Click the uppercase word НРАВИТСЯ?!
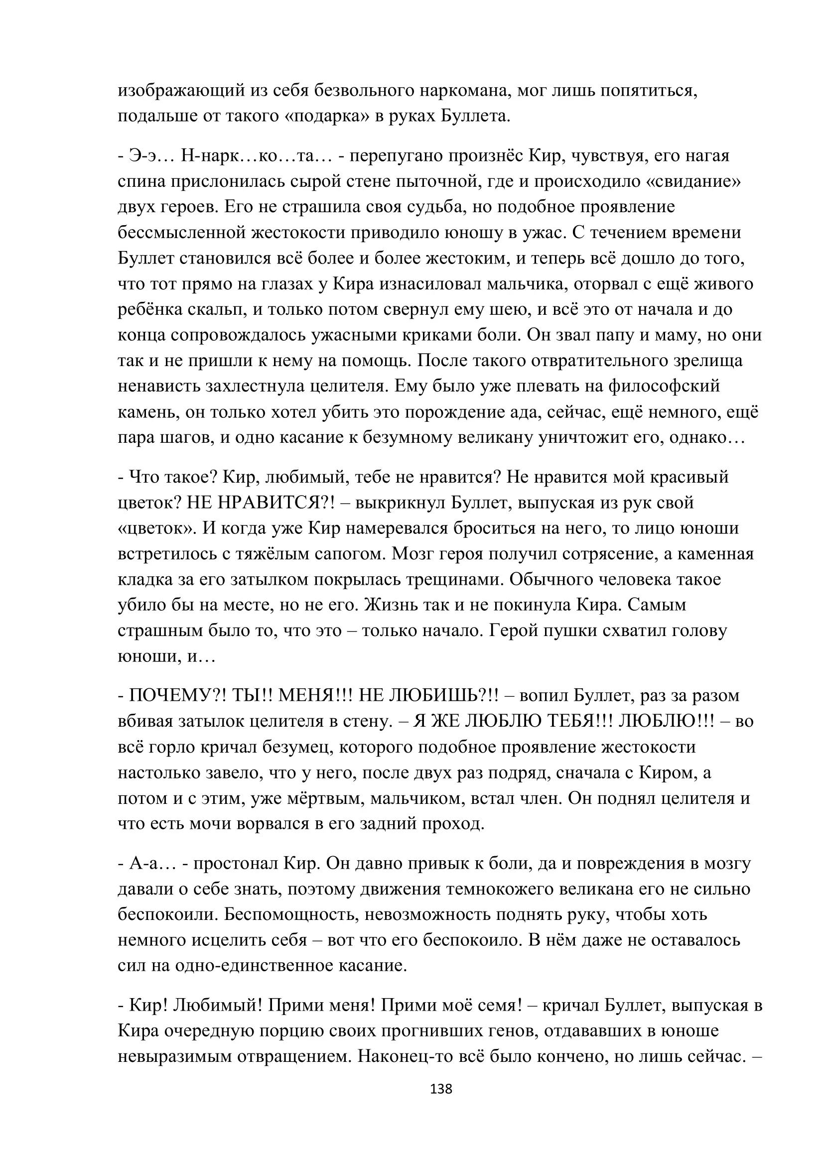coord(277,503)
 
